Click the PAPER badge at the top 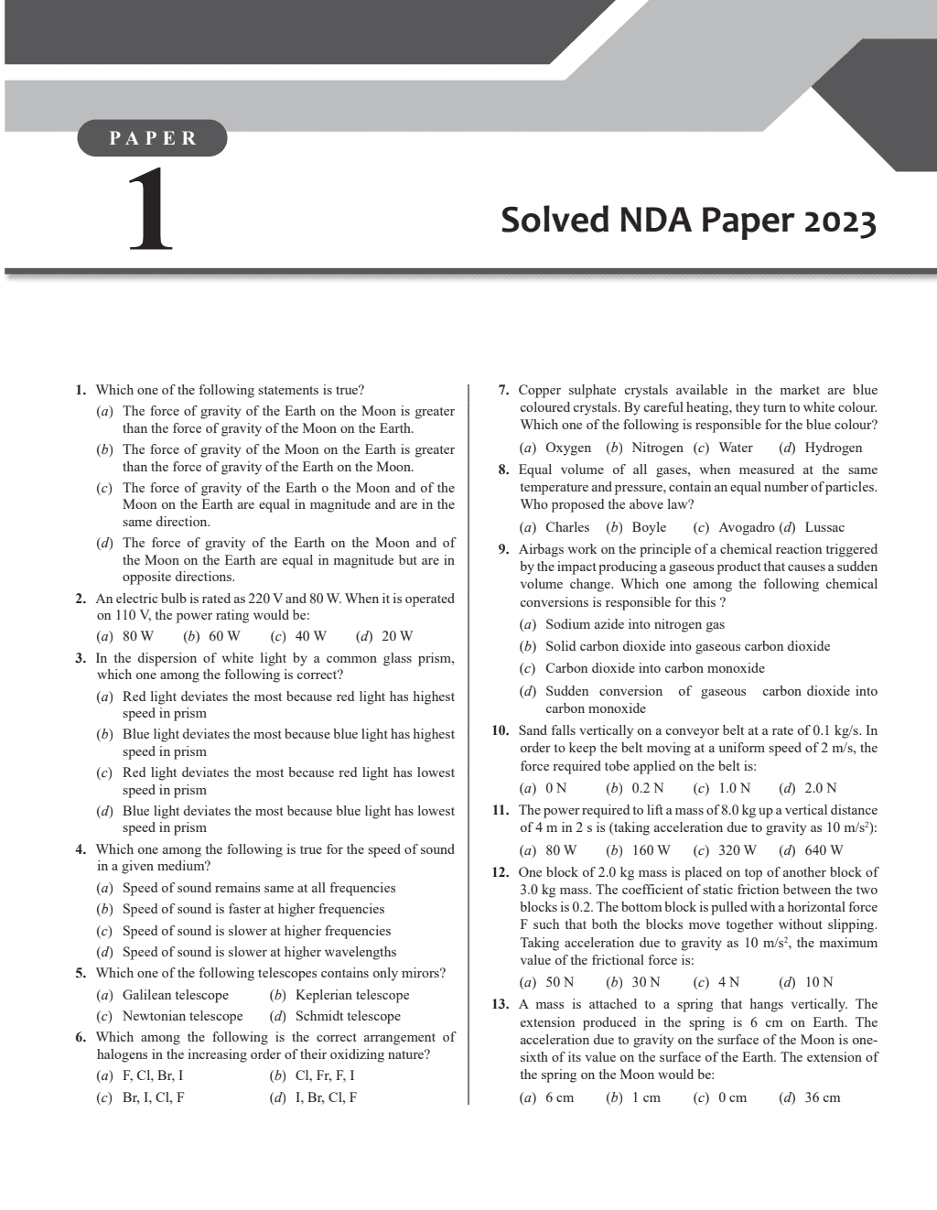[153, 138]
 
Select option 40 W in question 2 [309, 636]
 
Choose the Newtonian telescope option [182, 1016]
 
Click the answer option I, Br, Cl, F [325, 1097]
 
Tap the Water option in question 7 [736, 448]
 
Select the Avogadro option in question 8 [747, 527]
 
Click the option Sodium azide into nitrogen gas [634, 624]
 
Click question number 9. [502, 550]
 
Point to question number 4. [81, 849]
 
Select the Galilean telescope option [175, 995]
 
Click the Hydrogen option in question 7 [833, 448]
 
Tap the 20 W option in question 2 [396, 636]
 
